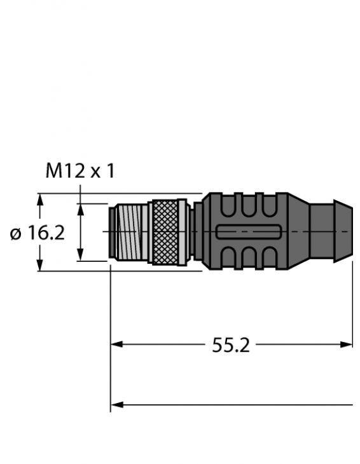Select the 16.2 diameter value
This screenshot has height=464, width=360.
(x=45, y=233)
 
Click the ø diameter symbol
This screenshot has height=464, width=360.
(x=17, y=234)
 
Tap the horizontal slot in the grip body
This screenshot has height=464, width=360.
(x=248, y=232)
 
